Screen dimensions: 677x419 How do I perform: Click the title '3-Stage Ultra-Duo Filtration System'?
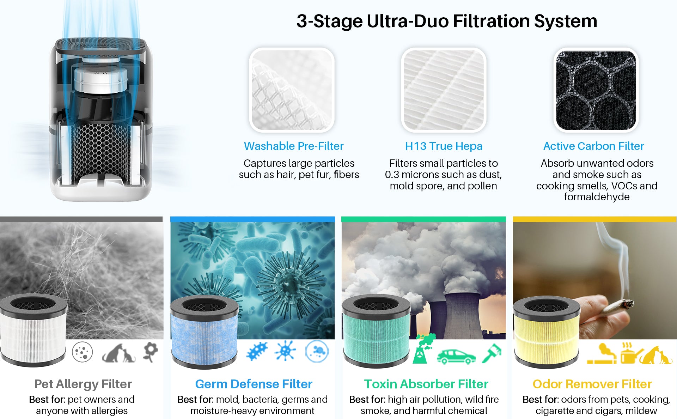point(447,21)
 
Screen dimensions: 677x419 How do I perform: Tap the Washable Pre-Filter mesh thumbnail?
point(292,90)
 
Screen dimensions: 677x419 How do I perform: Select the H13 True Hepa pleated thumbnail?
point(444,90)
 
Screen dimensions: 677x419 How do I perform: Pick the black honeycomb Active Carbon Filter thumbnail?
point(596,90)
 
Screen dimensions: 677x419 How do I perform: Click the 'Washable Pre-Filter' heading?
point(294,146)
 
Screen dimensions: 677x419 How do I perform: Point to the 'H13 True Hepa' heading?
point(444,146)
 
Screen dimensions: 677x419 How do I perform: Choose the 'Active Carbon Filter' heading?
point(593,146)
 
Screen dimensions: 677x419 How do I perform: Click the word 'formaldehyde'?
point(597,197)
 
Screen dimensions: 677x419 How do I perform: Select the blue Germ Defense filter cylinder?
point(204,332)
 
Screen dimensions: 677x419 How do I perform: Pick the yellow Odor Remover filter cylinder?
point(546,332)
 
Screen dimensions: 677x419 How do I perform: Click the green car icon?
point(456,356)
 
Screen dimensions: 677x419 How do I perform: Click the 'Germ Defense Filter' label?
point(254,384)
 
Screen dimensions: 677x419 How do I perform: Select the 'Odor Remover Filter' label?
point(592,384)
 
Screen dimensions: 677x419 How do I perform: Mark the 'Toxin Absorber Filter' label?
point(426,384)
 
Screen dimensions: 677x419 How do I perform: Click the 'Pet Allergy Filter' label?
point(83,384)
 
